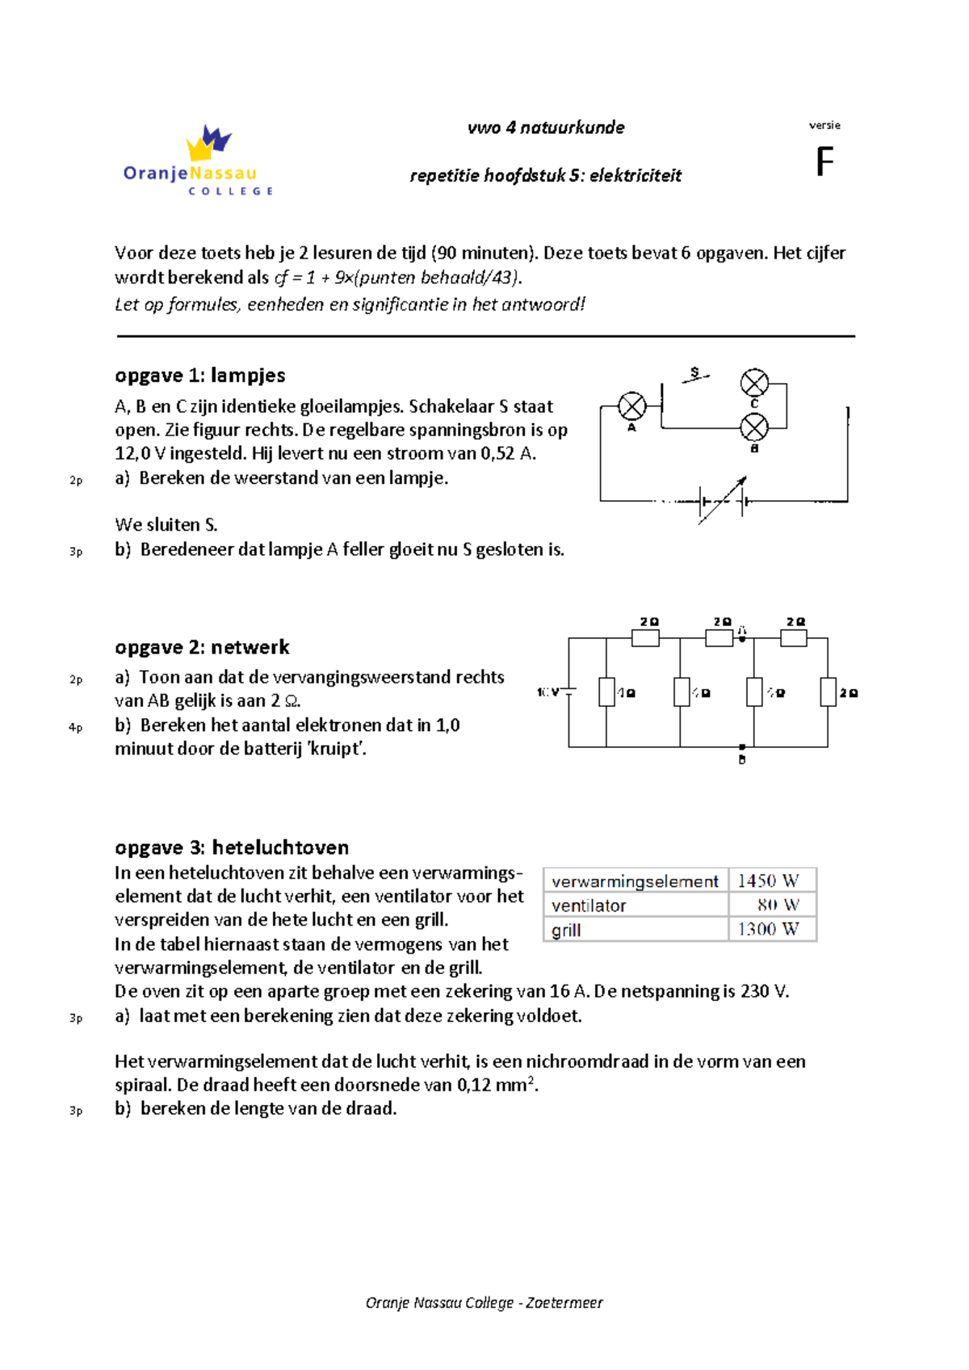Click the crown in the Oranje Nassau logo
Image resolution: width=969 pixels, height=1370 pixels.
208,144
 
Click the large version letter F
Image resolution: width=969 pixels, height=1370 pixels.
824,162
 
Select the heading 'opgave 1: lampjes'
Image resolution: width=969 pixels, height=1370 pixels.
200,376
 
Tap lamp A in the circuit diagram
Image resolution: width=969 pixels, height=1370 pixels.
632,406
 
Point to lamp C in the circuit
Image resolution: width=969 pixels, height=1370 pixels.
754,383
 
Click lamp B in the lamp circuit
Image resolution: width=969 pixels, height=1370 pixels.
754,427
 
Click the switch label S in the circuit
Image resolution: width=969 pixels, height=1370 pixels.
694,372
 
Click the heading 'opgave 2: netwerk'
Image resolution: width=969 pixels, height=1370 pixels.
202,647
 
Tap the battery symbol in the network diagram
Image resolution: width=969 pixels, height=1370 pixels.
569,692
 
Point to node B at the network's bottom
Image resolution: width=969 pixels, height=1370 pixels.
742,748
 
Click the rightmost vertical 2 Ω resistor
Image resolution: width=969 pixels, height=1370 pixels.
828,692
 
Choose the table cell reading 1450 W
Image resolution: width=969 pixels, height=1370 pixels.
768,880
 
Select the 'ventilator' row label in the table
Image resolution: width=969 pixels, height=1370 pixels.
589,906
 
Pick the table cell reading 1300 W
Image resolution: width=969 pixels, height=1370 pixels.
768,930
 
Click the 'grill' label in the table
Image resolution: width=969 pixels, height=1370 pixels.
566,930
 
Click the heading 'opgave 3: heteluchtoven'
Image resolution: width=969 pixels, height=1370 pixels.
232,847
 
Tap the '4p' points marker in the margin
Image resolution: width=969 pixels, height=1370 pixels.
75,728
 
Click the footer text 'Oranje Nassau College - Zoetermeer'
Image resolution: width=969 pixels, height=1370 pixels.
484,1302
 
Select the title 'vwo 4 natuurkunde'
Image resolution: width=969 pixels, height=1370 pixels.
546,128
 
